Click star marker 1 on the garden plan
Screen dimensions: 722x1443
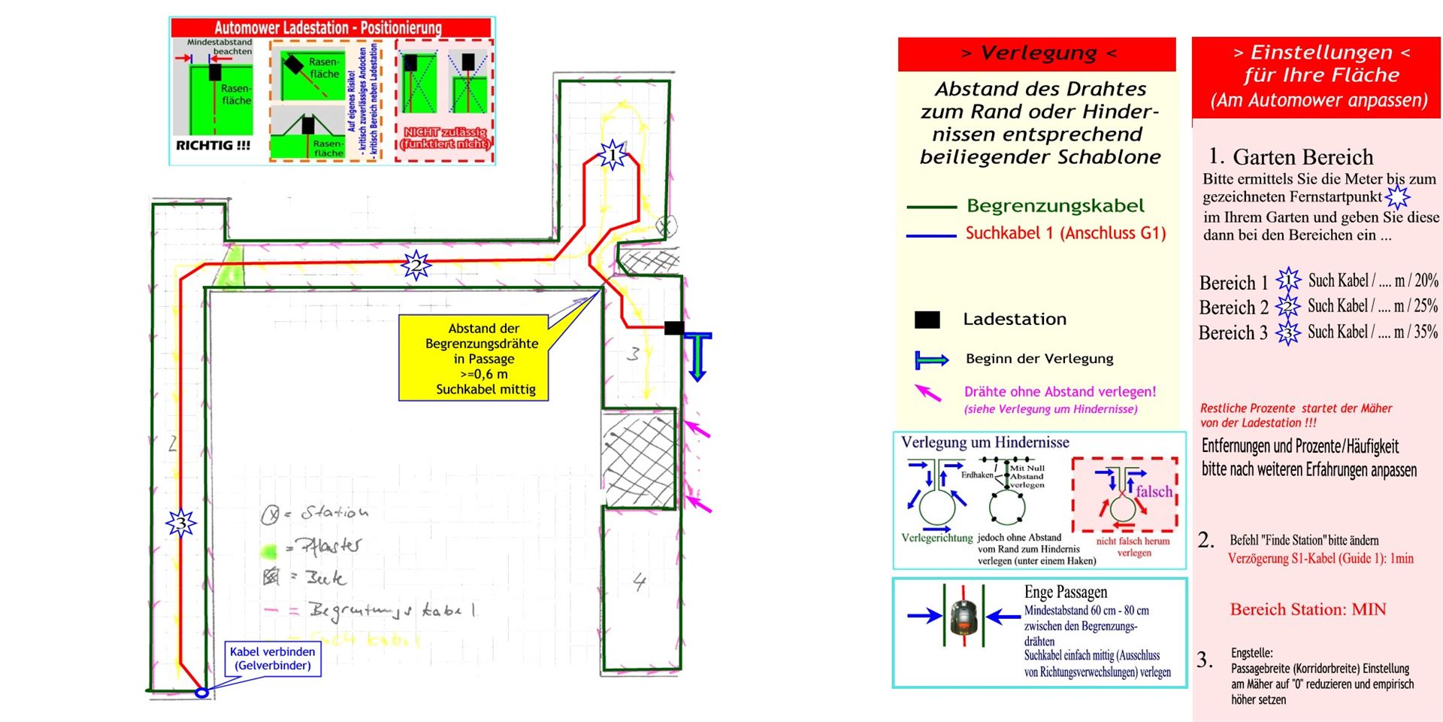click(612, 155)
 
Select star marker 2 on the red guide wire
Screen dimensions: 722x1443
click(416, 265)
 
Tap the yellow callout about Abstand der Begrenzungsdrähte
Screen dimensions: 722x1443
click(473, 358)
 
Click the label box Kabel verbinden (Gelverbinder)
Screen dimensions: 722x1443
click(272, 659)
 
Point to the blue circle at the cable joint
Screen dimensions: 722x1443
click(201, 693)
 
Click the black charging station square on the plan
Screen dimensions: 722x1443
click(674, 328)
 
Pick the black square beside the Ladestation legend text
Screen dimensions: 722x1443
click(927, 320)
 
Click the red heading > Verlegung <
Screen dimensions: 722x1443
click(1037, 53)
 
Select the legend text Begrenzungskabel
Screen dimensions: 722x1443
click(1055, 206)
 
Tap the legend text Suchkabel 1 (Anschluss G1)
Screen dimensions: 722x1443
click(1065, 233)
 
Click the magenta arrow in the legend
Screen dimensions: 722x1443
click(928, 393)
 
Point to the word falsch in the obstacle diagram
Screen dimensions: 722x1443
click(1154, 492)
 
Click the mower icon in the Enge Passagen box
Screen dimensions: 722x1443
click(963, 617)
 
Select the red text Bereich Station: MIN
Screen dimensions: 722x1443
click(1308, 609)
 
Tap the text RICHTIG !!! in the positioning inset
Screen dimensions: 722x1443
click(213, 146)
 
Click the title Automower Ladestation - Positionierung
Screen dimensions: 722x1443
click(328, 28)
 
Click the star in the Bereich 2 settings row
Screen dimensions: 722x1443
click(1287, 307)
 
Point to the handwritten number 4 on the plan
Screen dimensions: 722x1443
click(639, 581)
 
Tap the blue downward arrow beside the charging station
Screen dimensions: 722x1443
click(697, 357)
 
